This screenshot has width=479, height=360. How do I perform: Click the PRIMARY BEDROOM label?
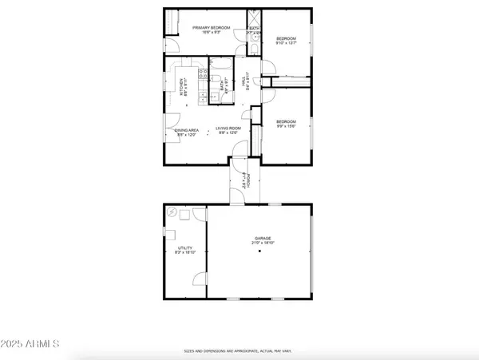click(x=211, y=30)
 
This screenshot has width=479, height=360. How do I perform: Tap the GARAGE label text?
click(x=263, y=240)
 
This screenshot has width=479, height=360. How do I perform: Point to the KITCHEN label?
click(x=183, y=85)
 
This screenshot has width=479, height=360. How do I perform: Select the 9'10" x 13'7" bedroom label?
click(x=286, y=41)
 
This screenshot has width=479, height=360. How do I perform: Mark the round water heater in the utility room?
click(x=173, y=213)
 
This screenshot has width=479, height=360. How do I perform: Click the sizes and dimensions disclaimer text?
click(x=239, y=350)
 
